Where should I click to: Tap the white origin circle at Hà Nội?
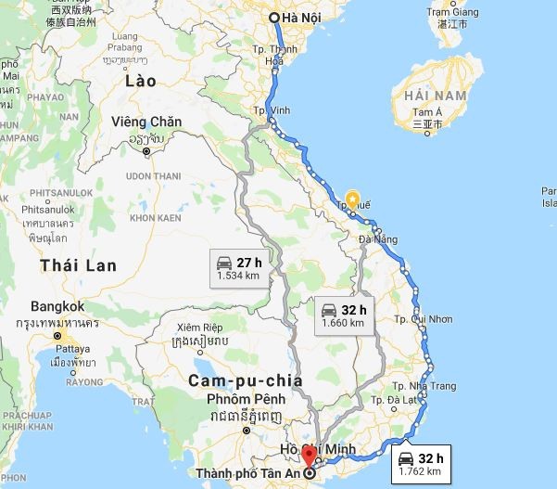pos(274,18)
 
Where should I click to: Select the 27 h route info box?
pos(238,268)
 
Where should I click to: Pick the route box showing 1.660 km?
pos(343,315)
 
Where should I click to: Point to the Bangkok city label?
pos(57,306)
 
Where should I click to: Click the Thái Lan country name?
pos(78,265)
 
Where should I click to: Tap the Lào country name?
pos(141,81)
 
